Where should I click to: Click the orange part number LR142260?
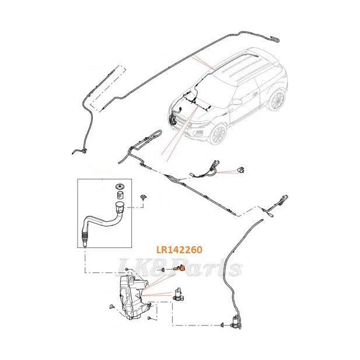pyautogui.click(x=179, y=250)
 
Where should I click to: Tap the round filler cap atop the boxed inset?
pyautogui.click(x=119, y=186)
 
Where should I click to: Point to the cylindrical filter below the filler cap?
pyautogui.click(x=120, y=195)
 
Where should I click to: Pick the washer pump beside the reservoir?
pyautogui.click(x=179, y=294)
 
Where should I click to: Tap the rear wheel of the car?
pyautogui.click(x=277, y=100)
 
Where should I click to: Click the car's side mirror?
pyautogui.click(x=236, y=101)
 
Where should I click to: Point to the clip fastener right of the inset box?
pyautogui.click(x=144, y=197)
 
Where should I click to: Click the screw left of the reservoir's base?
pyautogui.click(x=112, y=306)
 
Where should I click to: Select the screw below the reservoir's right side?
pyautogui.click(x=149, y=318)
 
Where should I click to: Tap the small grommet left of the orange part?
pyautogui.click(x=163, y=270)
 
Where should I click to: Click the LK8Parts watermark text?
pyautogui.click(x=179, y=267)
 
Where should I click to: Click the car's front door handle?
pyautogui.click(x=255, y=94)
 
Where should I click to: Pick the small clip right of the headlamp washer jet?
pyautogui.click(x=240, y=170)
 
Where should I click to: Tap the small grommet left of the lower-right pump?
pyautogui.click(x=222, y=325)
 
